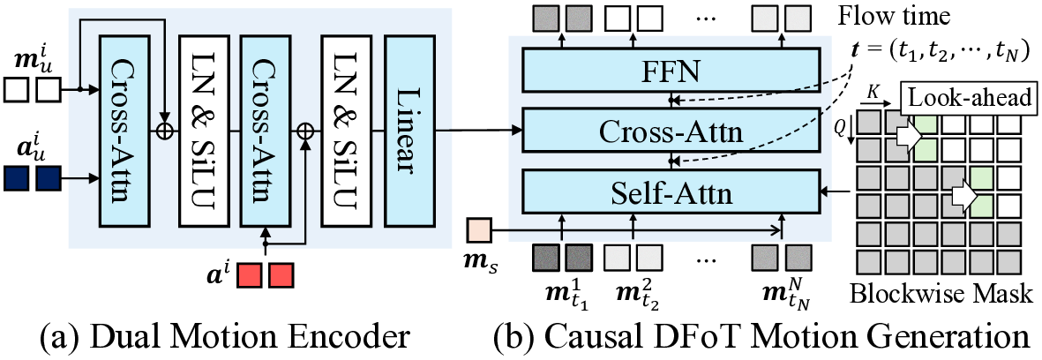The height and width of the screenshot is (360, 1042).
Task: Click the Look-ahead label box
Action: tap(966, 98)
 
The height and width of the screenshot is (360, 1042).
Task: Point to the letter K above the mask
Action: tap(873, 91)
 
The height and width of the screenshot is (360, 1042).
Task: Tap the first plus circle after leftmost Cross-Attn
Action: tap(163, 131)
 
